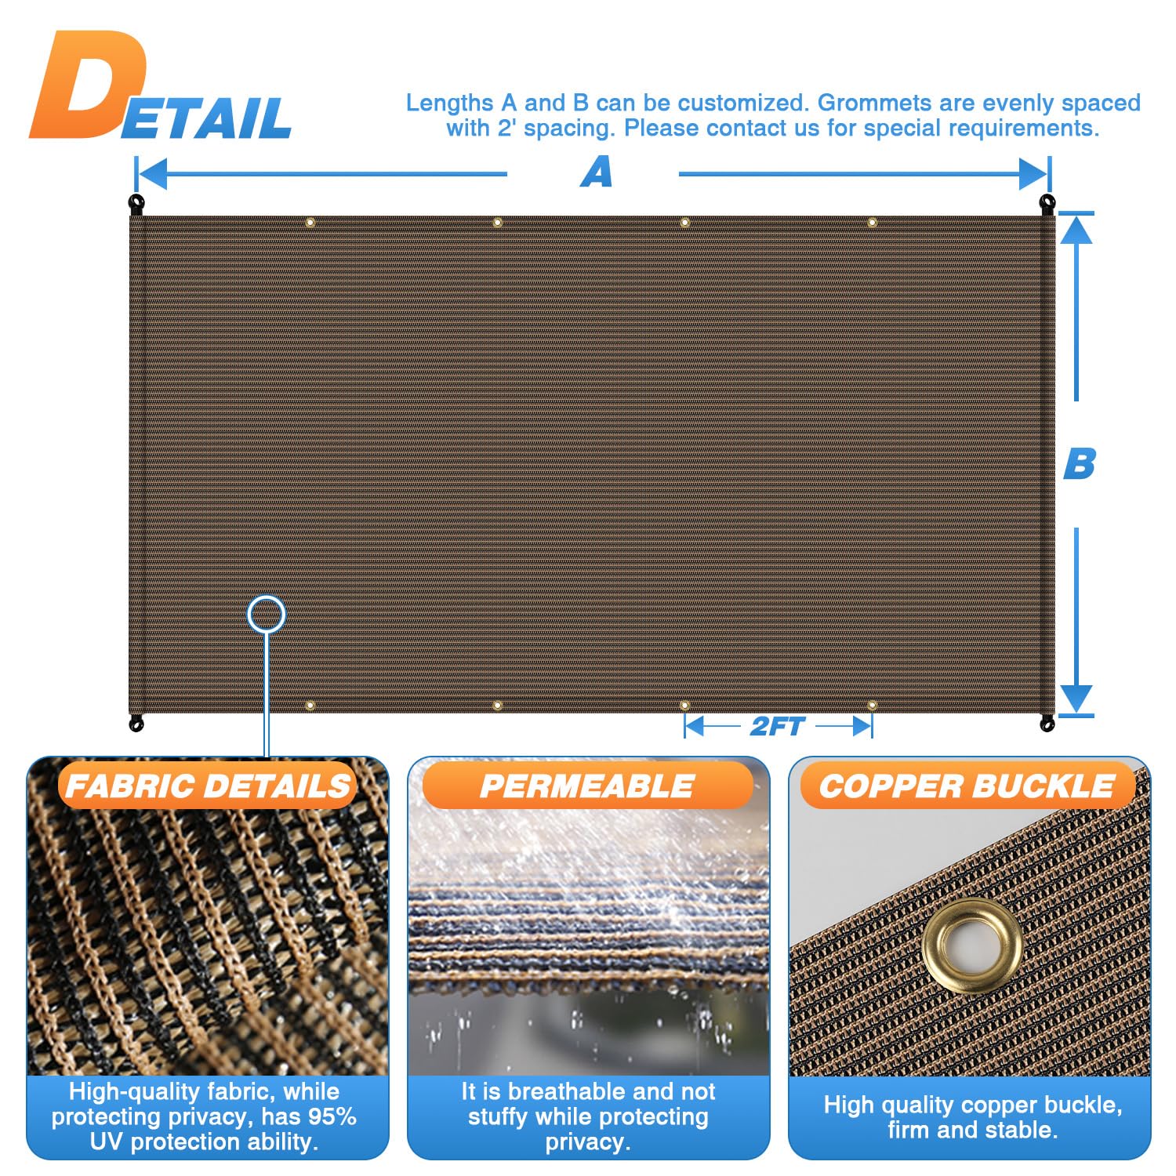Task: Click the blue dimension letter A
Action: tap(596, 172)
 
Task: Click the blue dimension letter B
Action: tap(1079, 463)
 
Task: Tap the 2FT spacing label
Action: tap(777, 727)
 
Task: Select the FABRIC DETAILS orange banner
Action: tap(208, 786)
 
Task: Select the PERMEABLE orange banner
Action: tap(587, 786)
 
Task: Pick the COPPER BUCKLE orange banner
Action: tap(967, 786)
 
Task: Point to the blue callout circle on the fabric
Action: tap(267, 615)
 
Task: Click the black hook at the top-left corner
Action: tap(137, 204)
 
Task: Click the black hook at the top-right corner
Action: tap(1047, 204)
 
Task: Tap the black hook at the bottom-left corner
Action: tap(136, 723)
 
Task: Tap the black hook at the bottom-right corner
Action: tap(1047, 723)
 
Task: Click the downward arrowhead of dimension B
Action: tap(1076, 698)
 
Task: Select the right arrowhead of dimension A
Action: tap(1033, 173)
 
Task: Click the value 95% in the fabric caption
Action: tap(332, 1116)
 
